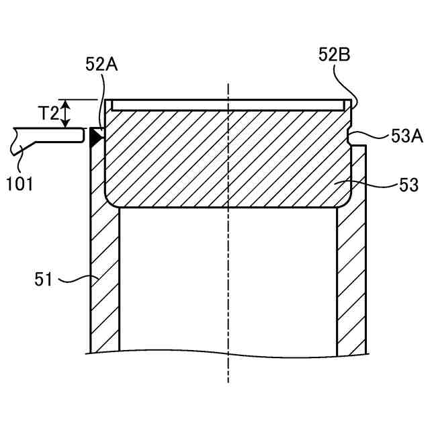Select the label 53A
407,136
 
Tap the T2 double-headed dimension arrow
65,114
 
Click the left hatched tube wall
105,282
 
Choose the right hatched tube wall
351,282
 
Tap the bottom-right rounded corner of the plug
345,200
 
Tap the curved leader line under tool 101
20,156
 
